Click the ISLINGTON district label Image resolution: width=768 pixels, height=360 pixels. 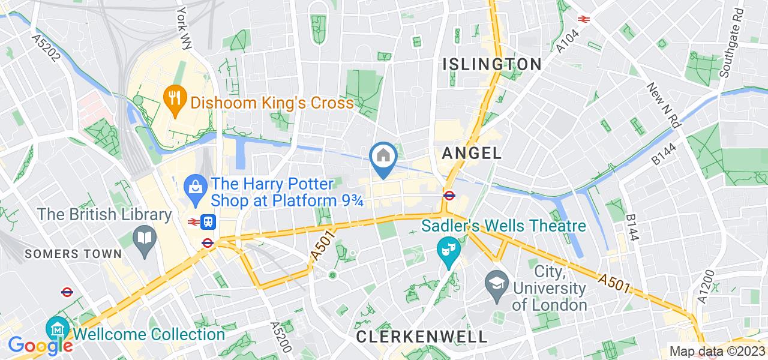(492, 64)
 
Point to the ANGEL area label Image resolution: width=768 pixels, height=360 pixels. (472, 153)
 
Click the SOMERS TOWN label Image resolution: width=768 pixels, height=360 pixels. (73, 254)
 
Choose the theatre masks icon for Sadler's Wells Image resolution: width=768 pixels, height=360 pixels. (446, 247)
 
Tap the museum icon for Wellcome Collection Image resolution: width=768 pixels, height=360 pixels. (58, 329)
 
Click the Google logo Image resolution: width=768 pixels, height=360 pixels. (40, 346)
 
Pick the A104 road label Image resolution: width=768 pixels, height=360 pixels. (567, 39)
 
